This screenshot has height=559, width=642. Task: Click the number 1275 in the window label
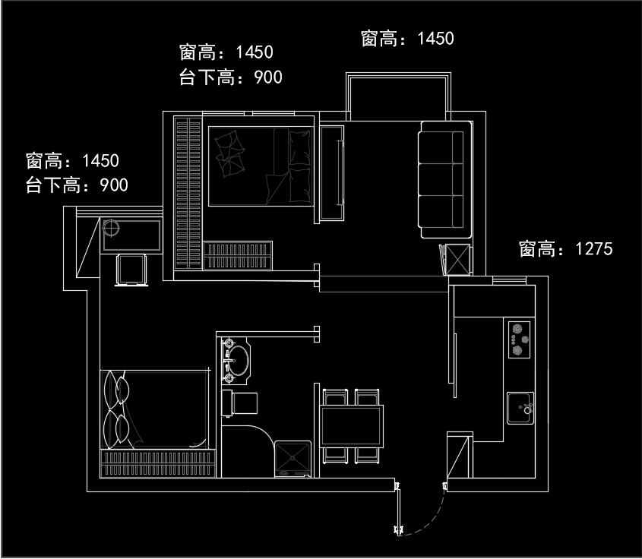point(593,249)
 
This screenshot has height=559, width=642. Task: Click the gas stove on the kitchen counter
point(520,340)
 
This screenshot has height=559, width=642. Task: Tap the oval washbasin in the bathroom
point(239,361)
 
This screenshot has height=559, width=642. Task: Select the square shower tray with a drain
point(292,458)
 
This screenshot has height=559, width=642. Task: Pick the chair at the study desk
point(130,270)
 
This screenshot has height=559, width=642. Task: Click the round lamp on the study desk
point(111,228)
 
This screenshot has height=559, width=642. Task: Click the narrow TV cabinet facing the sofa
point(331,172)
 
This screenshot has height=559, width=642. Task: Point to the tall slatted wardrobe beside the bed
point(187,192)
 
